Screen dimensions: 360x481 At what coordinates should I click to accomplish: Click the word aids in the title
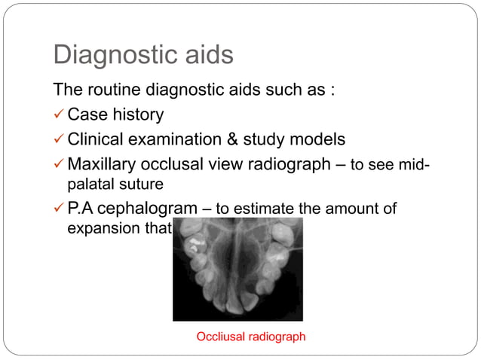206,55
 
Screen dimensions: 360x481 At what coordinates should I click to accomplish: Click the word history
137,115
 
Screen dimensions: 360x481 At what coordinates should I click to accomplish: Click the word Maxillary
100,164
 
